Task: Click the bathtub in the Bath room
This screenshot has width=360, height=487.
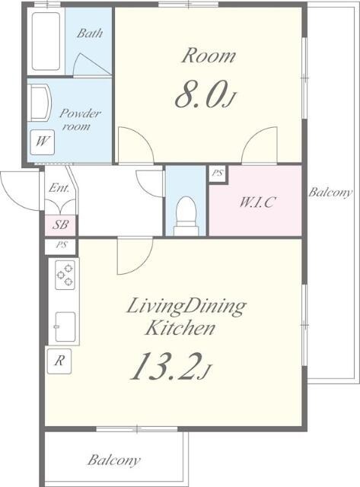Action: [x=46, y=41]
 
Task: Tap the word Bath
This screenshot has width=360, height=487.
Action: [x=90, y=33]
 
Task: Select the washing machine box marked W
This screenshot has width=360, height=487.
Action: [x=43, y=142]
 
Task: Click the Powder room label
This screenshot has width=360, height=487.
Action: [x=79, y=120]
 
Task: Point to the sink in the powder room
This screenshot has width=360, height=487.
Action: [x=40, y=103]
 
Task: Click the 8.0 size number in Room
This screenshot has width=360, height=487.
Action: [x=199, y=94]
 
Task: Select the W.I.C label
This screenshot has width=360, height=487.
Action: [x=257, y=202]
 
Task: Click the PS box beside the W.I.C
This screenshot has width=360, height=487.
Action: [x=218, y=173]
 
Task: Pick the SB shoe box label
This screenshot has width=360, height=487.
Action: [x=60, y=224]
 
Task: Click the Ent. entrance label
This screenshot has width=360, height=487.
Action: [x=59, y=188]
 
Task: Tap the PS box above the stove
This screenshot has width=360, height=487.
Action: [x=61, y=246]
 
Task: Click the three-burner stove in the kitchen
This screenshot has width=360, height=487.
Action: [x=65, y=275]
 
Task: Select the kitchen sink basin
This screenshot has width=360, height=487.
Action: [x=65, y=326]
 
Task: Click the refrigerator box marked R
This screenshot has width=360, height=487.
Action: [x=59, y=361]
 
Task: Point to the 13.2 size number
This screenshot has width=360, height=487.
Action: [x=170, y=367]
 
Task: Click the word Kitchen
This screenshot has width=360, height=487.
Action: [x=180, y=328]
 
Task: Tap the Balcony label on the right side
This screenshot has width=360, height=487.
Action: [x=330, y=193]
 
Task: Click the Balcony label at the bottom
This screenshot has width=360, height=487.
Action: [x=113, y=460]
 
